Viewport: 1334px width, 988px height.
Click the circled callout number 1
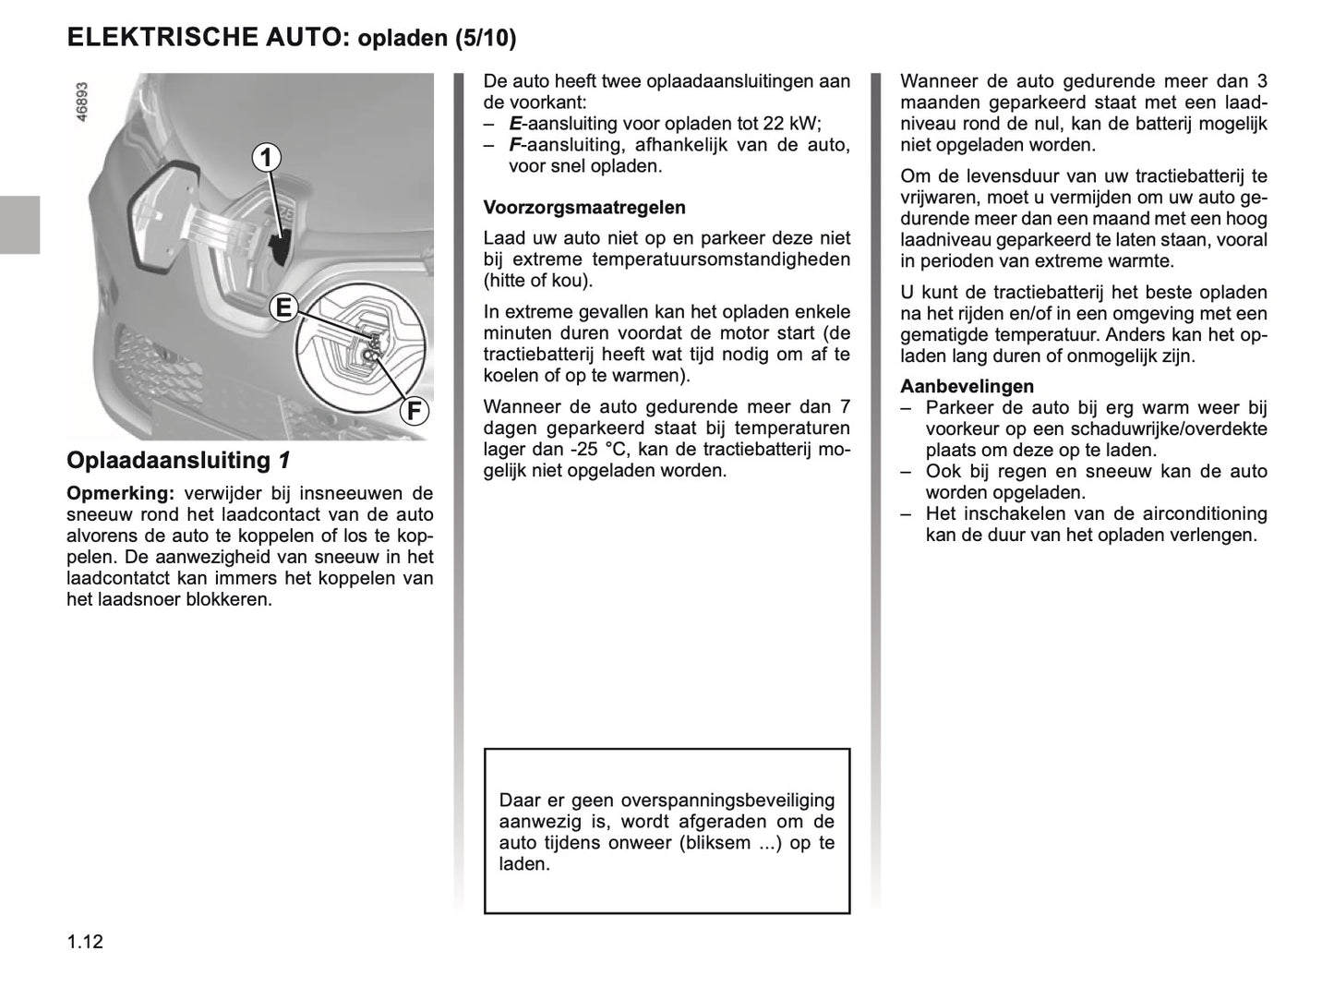[x=266, y=158]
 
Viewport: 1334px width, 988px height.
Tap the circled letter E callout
[x=282, y=307]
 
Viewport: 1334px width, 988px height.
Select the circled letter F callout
[x=414, y=410]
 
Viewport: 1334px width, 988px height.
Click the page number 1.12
[x=85, y=942]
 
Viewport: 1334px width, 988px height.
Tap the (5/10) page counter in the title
[x=486, y=39]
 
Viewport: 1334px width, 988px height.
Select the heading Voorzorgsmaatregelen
[x=584, y=208]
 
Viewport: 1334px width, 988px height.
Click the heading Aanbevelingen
[x=967, y=387]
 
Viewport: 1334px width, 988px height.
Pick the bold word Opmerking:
[x=120, y=494]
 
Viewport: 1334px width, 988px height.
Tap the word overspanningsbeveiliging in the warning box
[x=727, y=801]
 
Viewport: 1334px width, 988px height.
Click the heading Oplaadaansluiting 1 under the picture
[x=179, y=460]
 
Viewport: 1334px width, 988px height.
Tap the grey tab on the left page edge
[x=19, y=224]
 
